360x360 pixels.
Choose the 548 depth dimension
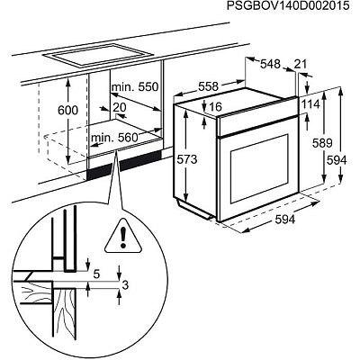click(271, 65)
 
